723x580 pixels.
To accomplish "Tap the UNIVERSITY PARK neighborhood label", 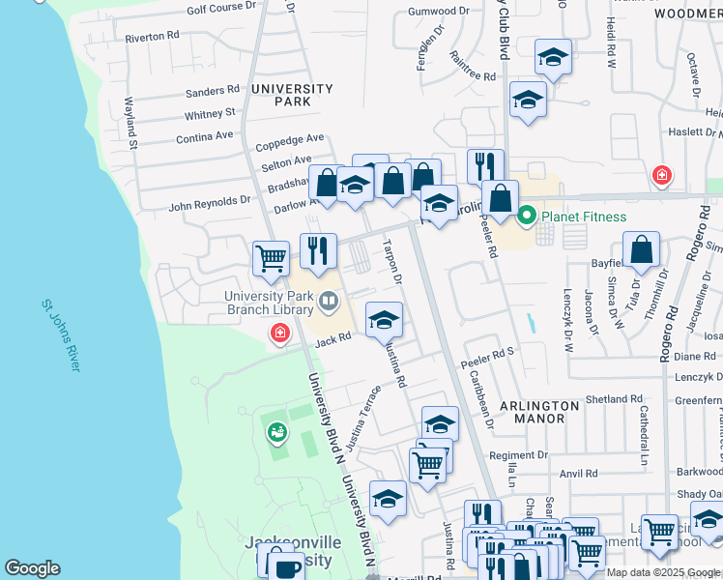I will pos(292,95).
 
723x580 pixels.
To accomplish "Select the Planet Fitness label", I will pos(583,217).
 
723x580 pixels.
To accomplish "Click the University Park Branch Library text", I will pos(270,303).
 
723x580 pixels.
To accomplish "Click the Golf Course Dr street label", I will pos(221,7).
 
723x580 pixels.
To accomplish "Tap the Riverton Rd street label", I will pos(153,36).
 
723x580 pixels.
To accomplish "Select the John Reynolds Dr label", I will pos(210,204).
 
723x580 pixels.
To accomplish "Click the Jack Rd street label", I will pos(332,338).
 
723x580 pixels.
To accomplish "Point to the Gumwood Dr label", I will pos(438,11).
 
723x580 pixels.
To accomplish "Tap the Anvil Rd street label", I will pos(579,474).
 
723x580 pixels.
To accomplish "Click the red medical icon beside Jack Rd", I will pos(280,333).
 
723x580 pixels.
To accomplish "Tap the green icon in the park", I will pos(278,432).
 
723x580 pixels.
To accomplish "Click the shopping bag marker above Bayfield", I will pos(641,250).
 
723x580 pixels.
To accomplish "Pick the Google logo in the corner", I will pos(32,568).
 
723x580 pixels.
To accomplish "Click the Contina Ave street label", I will pos(205,138).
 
